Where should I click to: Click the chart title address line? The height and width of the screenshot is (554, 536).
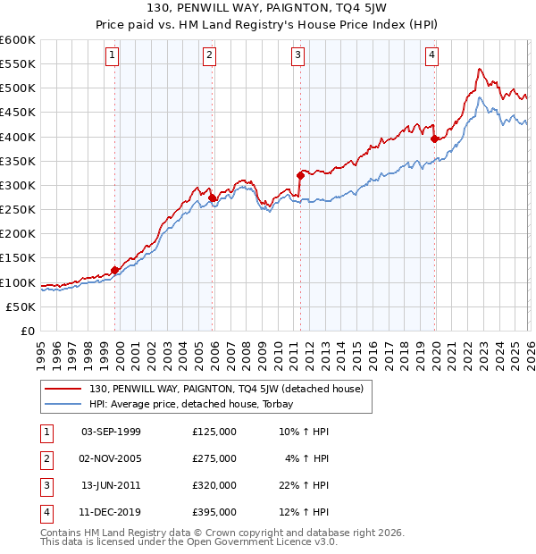268,10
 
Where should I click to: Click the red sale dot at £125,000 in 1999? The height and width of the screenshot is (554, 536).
115,270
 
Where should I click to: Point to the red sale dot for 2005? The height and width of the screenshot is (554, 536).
213,197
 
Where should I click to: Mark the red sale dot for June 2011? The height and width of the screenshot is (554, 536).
300,176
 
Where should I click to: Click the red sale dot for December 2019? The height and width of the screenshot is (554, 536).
434,139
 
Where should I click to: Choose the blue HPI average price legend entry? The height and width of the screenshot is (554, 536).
197,404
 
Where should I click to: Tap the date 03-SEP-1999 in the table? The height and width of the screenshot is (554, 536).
111,432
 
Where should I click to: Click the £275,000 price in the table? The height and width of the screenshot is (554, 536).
214,458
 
